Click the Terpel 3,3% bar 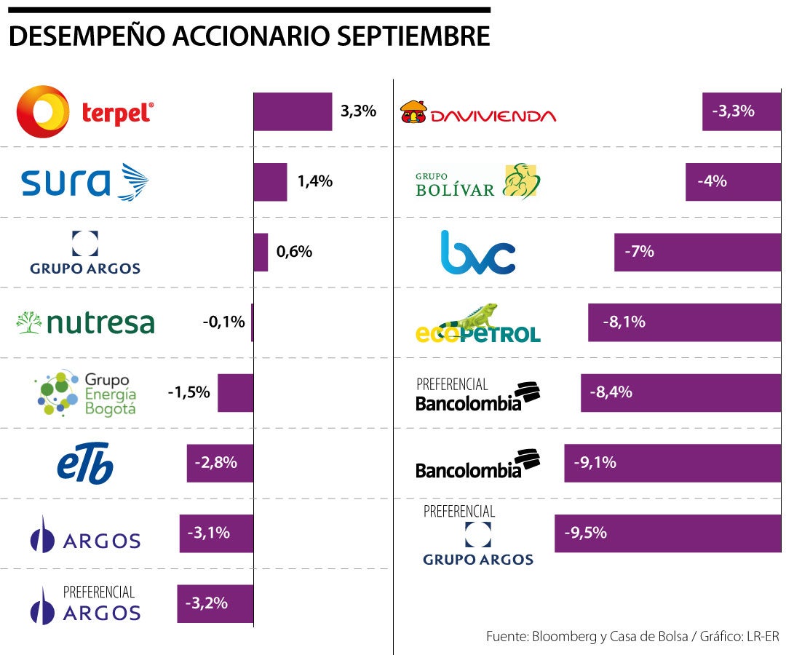click(293, 111)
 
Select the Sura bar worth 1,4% click(270, 182)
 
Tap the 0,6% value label click(294, 252)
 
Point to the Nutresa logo click(86, 322)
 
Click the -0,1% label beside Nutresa click(223, 322)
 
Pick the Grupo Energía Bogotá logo click(86, 393)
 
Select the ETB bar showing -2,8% click(220, 463)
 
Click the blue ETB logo click(85, 463)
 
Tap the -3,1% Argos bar click(216, 533)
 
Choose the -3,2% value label click(207, 603)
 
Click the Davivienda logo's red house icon click(413, 112)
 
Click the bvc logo click(478, 253)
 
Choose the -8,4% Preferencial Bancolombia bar click(680, 393)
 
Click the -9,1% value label click(595, 462)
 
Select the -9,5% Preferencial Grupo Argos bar click(667, 533)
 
